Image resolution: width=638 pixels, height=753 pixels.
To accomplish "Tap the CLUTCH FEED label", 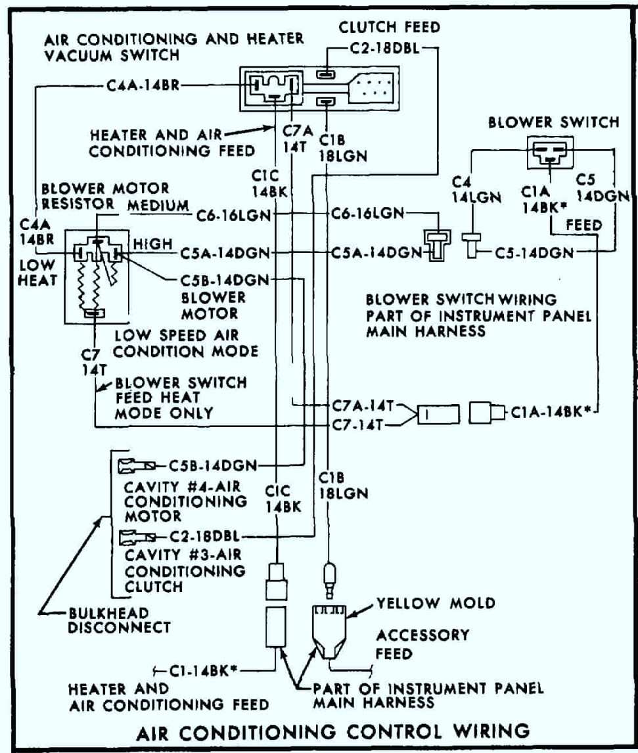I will pyautogui.click(x=389, y=28).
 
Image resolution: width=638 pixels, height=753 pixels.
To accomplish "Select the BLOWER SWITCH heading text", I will pyautogui.click(x=553, y=122).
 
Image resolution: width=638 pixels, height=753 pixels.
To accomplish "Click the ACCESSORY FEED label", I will pyautogui.click(x=422, y=645).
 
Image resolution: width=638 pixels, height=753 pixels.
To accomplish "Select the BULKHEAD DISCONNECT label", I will pyautogui.click(x=118, y=620).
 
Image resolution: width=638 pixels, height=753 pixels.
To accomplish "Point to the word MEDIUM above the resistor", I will pyautogui.click(x=158, y=206).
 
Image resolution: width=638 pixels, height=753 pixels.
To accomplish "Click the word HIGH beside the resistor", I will pyautogui.click(x=152, y=244).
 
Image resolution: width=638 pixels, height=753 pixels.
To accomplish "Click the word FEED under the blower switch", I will pyautogui.click(x=583, y=225).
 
